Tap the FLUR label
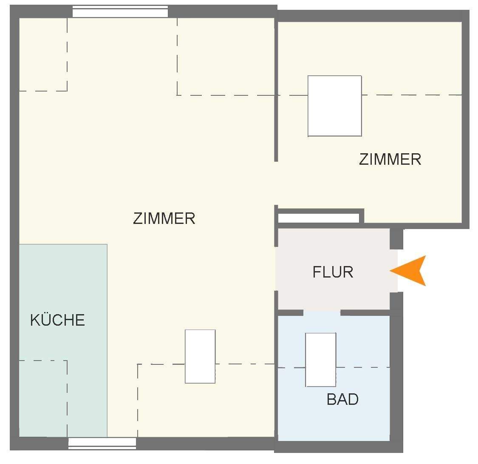(x=333, y=272)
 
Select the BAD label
(x=342, y=399)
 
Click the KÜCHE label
(x=57, y=320)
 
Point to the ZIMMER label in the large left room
(x=164, y=218)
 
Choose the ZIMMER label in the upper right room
(x=390, y=159)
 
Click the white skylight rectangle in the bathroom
(x=321, y=360)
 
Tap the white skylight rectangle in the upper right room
(x=334, y=106)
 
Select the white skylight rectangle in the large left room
(x=200, y=356)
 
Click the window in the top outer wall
(x=120, y=11)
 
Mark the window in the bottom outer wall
(x=102, y=443)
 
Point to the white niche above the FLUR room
(x=319, y=218)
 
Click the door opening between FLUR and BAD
(x=322, y=313)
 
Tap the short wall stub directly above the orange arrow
(x=396, y=239)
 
